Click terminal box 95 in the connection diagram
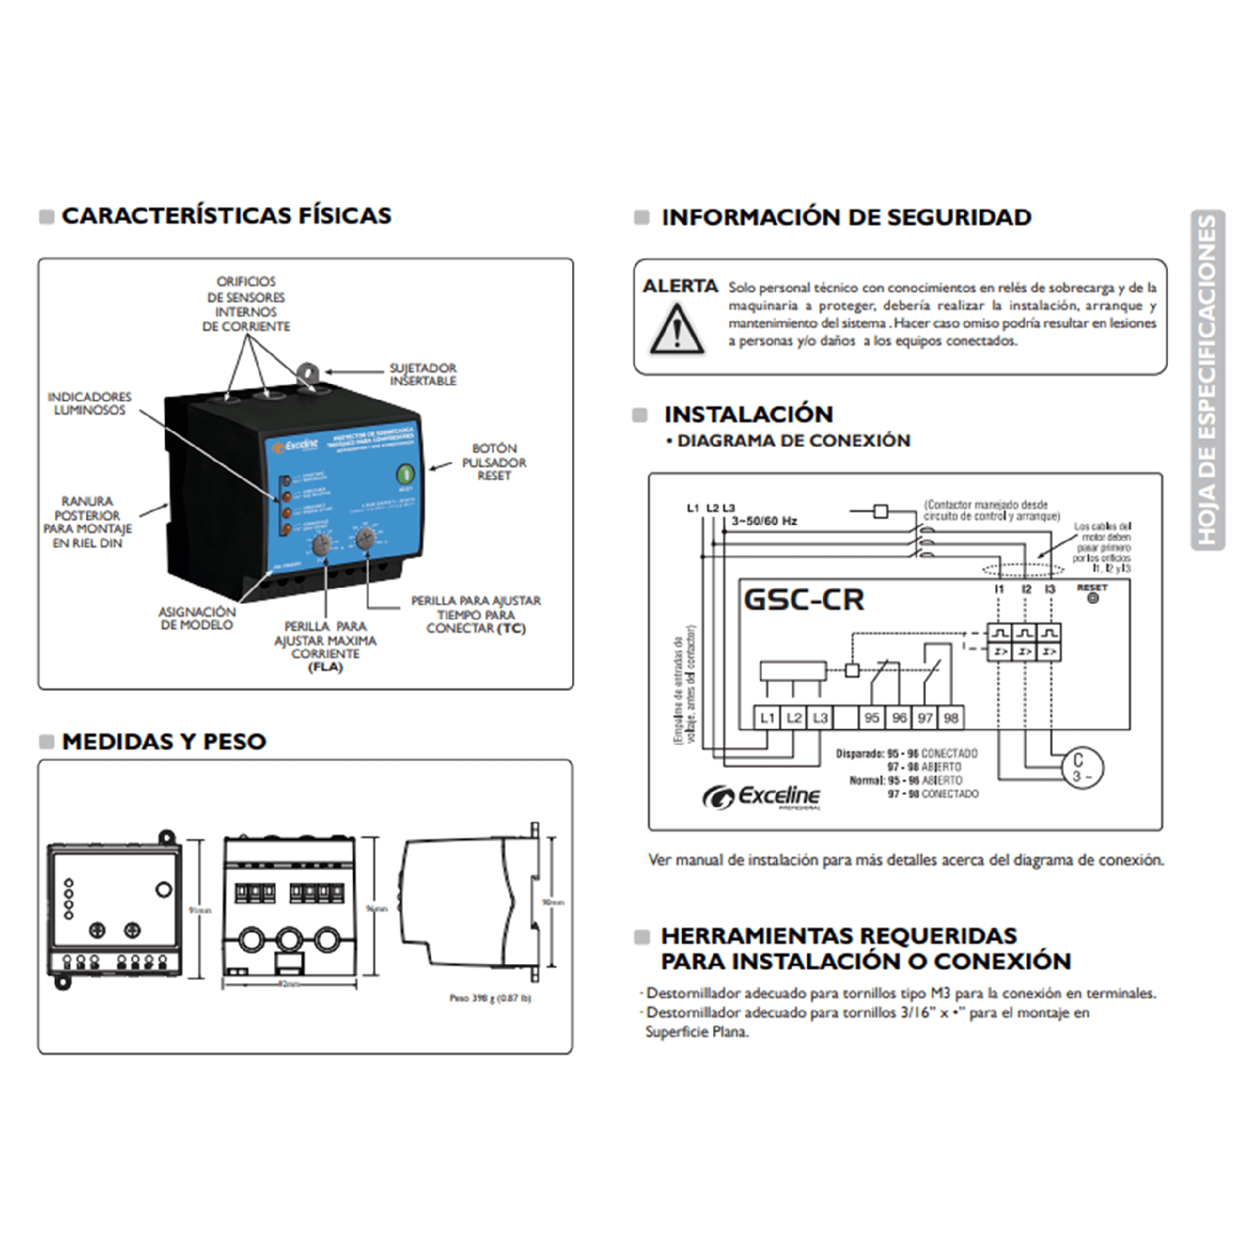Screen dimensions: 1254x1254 871,718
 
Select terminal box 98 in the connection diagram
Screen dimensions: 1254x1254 951,718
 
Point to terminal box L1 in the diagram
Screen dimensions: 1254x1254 767,718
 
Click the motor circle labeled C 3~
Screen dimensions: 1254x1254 1083,768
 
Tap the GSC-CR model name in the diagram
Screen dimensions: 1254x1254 803,600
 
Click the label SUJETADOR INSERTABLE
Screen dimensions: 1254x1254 423,374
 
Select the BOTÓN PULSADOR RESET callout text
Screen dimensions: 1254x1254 494,462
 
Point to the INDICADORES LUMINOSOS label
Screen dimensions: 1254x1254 89,404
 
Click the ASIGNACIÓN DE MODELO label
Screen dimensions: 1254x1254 197,618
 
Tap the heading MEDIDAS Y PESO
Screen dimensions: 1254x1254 164,741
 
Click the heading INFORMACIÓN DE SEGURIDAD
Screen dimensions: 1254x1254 846,217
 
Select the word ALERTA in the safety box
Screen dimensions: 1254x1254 680,286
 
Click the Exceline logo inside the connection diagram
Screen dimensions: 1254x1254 762,797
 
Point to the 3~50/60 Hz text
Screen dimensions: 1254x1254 764,521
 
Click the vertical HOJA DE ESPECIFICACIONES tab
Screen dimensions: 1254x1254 1208,380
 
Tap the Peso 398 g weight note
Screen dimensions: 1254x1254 490,998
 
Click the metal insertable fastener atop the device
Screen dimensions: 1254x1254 305,376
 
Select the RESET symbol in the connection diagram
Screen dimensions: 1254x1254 1093,594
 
